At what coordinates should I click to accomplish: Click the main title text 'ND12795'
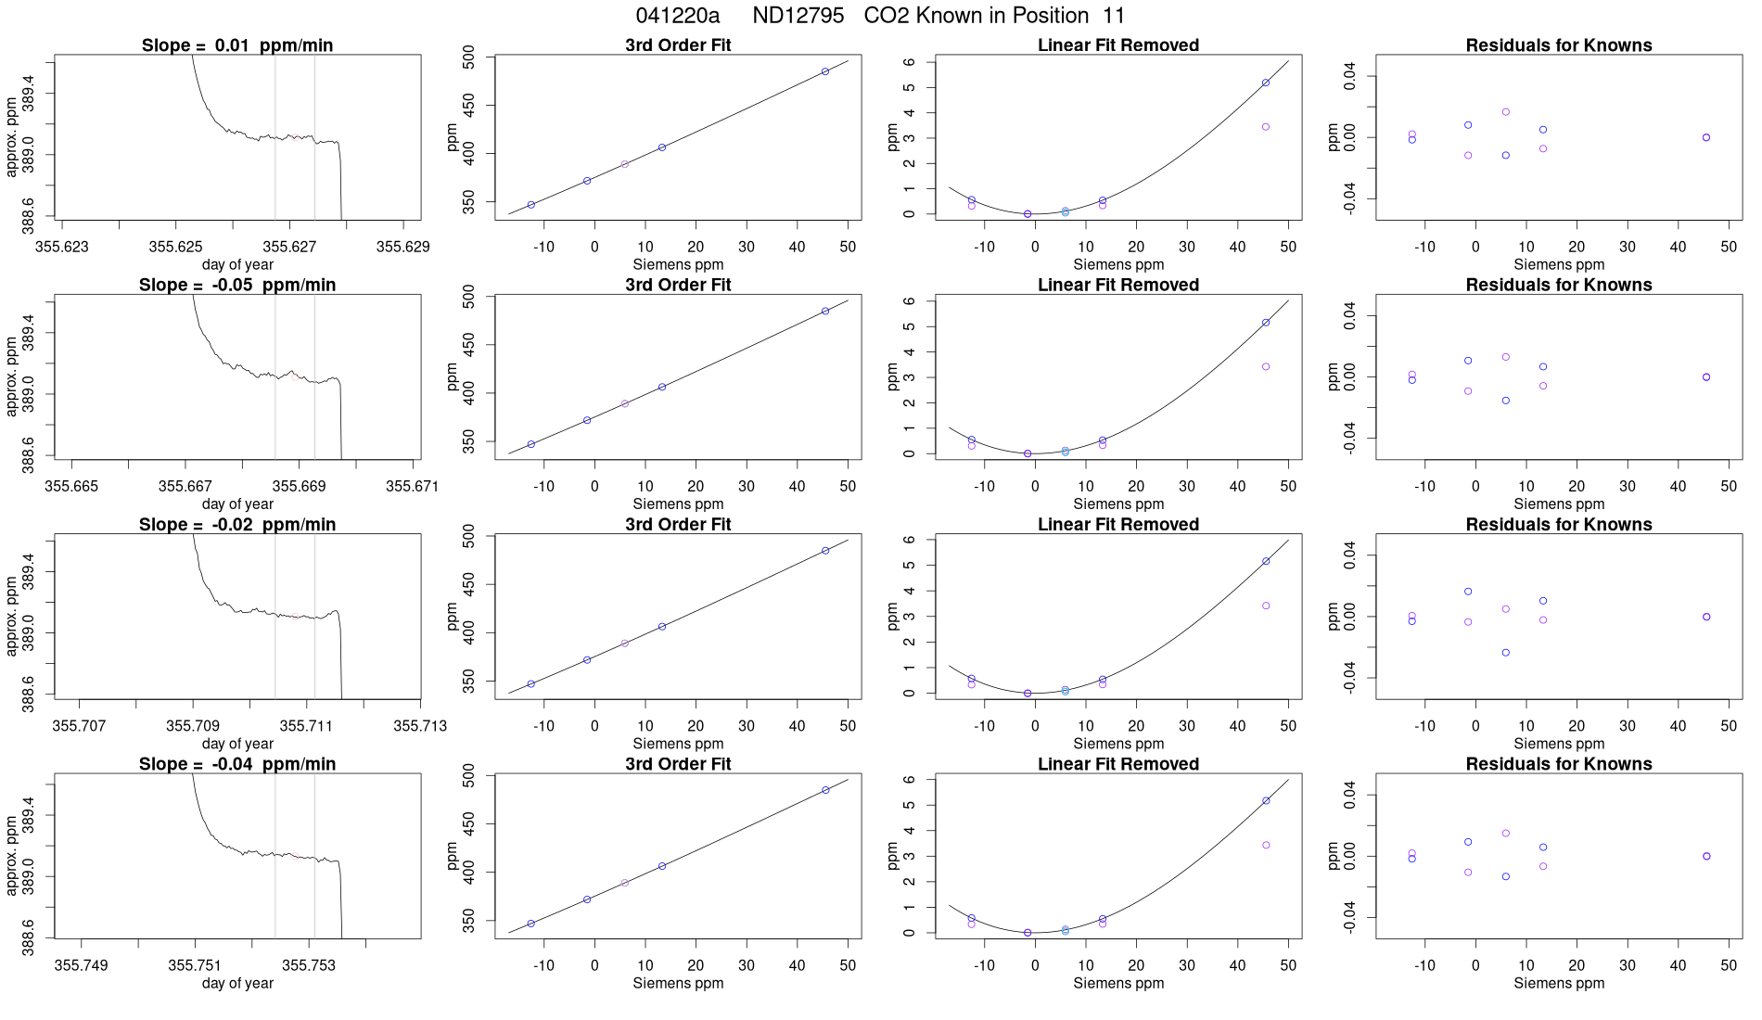click(x=798, y=16)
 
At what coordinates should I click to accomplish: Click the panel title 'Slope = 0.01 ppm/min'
click(x=237, y=45)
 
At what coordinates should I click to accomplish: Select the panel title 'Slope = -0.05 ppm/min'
click(x=237, y=285)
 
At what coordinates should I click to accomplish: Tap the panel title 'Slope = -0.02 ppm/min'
click(x=237, y=525)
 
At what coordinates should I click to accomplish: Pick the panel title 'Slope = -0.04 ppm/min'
click(x=237, y=764)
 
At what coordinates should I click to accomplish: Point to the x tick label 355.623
click(x=62, y=247)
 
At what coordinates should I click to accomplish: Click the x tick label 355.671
click(x=413, y=486)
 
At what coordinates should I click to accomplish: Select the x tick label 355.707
click(x=80, y=725)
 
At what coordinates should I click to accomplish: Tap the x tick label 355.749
click(x=82, y=965)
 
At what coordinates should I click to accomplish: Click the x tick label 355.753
click(x=308, y=965)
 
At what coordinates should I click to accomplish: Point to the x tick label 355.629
click(x=402, y=247)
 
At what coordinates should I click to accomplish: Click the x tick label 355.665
click(x=72, y=486)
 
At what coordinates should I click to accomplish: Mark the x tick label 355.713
click(x=420, y=725)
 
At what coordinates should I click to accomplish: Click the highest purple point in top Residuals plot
click(x=1506, y=112)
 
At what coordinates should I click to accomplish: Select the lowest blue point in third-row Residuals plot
click(x=1506, y=653)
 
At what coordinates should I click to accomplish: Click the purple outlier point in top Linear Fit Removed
click(x=1266, y=127)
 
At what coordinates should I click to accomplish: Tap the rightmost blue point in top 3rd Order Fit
click(x=825, y=71)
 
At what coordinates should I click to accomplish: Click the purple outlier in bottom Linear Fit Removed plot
click(x=1266, y=846)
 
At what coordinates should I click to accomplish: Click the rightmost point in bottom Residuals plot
click(x=1706, y=857)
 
